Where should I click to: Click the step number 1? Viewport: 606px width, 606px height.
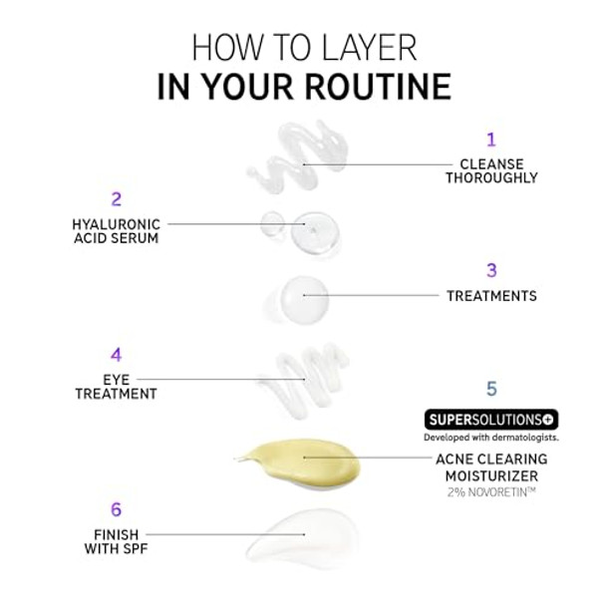tap(490, 140)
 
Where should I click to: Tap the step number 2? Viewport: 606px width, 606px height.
tap(116, 199)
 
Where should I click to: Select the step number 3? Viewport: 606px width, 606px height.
tap(490, 270)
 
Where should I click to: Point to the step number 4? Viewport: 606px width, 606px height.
tap(116, 355)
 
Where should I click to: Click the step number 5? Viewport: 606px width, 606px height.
tap(490, 389)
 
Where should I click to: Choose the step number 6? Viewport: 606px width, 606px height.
tap(116, 510)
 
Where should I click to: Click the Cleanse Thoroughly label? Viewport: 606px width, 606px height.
tap(490, 170)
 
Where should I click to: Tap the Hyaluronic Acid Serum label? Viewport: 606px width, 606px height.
tap(116, 231)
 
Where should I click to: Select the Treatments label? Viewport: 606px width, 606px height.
tap(490, 296)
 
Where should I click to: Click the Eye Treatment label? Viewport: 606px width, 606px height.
tap(116, 387)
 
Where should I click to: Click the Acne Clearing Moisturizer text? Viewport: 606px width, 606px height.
tap(490, 465)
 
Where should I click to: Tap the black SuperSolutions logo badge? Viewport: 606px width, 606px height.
tap(490, 420)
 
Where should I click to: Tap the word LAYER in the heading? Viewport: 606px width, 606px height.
tap(360, 47)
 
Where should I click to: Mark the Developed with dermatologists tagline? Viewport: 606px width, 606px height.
tap(490, 438)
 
